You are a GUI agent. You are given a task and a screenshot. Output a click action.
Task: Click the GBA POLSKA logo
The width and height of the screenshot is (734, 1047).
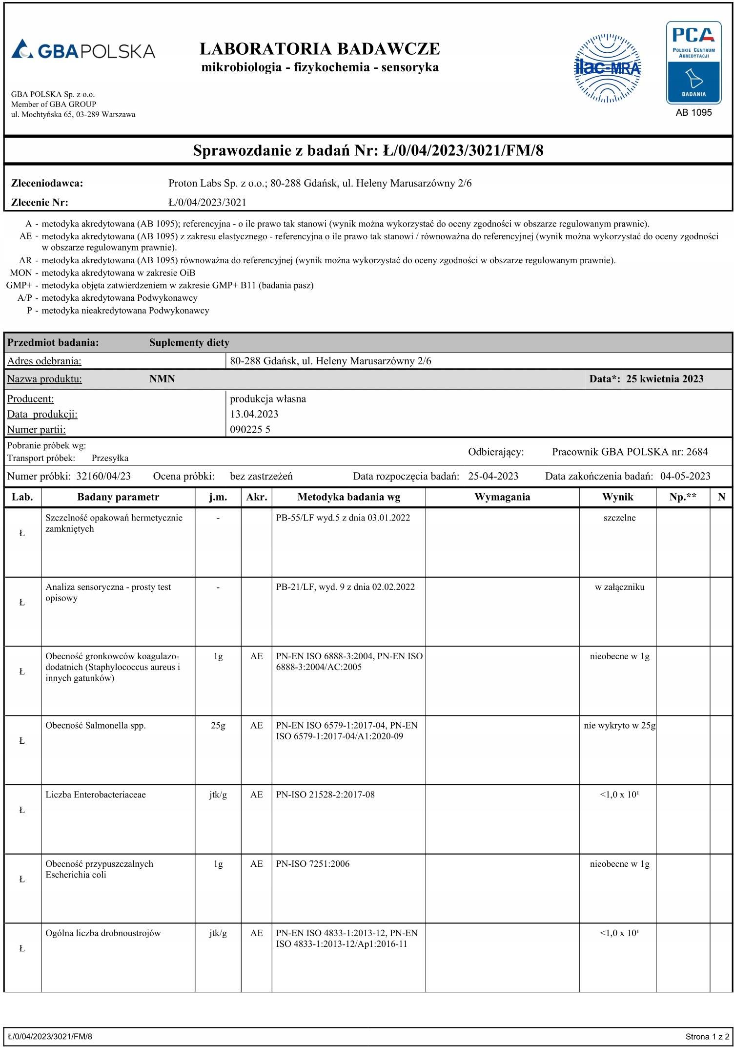click(83, 50)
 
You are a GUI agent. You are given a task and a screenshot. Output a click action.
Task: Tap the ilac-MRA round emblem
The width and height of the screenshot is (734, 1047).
click(607, 68)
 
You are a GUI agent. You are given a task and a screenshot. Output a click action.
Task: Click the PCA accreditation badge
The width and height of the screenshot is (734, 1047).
click(693, 63)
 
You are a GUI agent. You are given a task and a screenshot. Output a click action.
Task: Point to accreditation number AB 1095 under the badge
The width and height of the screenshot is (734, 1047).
click(693, 113)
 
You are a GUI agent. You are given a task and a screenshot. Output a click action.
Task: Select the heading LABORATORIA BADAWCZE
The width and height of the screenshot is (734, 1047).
click(320, 49)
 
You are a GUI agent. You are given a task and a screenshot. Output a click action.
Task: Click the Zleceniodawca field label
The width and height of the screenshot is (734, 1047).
click(47, 184)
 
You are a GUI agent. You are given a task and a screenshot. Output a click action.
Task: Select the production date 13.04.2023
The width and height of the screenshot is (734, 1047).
click(254, 414)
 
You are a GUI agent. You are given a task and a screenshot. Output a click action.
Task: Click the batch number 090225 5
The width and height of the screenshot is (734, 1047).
click(250, 430)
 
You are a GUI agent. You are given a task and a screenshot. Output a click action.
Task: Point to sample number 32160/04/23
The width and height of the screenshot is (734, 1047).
click(103, 476)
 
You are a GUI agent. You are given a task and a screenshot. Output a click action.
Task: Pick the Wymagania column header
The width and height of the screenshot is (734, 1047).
click(502, 497)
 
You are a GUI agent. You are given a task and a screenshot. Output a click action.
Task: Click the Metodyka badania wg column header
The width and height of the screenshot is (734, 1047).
click(348, 497)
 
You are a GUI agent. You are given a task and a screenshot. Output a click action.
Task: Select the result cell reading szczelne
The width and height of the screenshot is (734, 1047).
click(619, 518)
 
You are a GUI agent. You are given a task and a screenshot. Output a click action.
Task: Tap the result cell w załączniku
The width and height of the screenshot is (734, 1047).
click(619, 587)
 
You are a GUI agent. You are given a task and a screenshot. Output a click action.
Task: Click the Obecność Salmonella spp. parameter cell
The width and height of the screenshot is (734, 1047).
click(96, 726)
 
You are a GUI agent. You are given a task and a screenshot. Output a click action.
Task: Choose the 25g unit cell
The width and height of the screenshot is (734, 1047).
click(218, 726)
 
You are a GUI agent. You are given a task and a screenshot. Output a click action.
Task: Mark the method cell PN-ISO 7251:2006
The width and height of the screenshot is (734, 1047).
click(313, 864)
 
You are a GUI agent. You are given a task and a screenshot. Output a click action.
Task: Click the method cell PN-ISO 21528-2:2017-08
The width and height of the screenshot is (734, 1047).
click(325, 795)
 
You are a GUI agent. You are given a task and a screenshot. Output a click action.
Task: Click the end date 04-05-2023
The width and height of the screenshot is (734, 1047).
click(685, 476)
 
